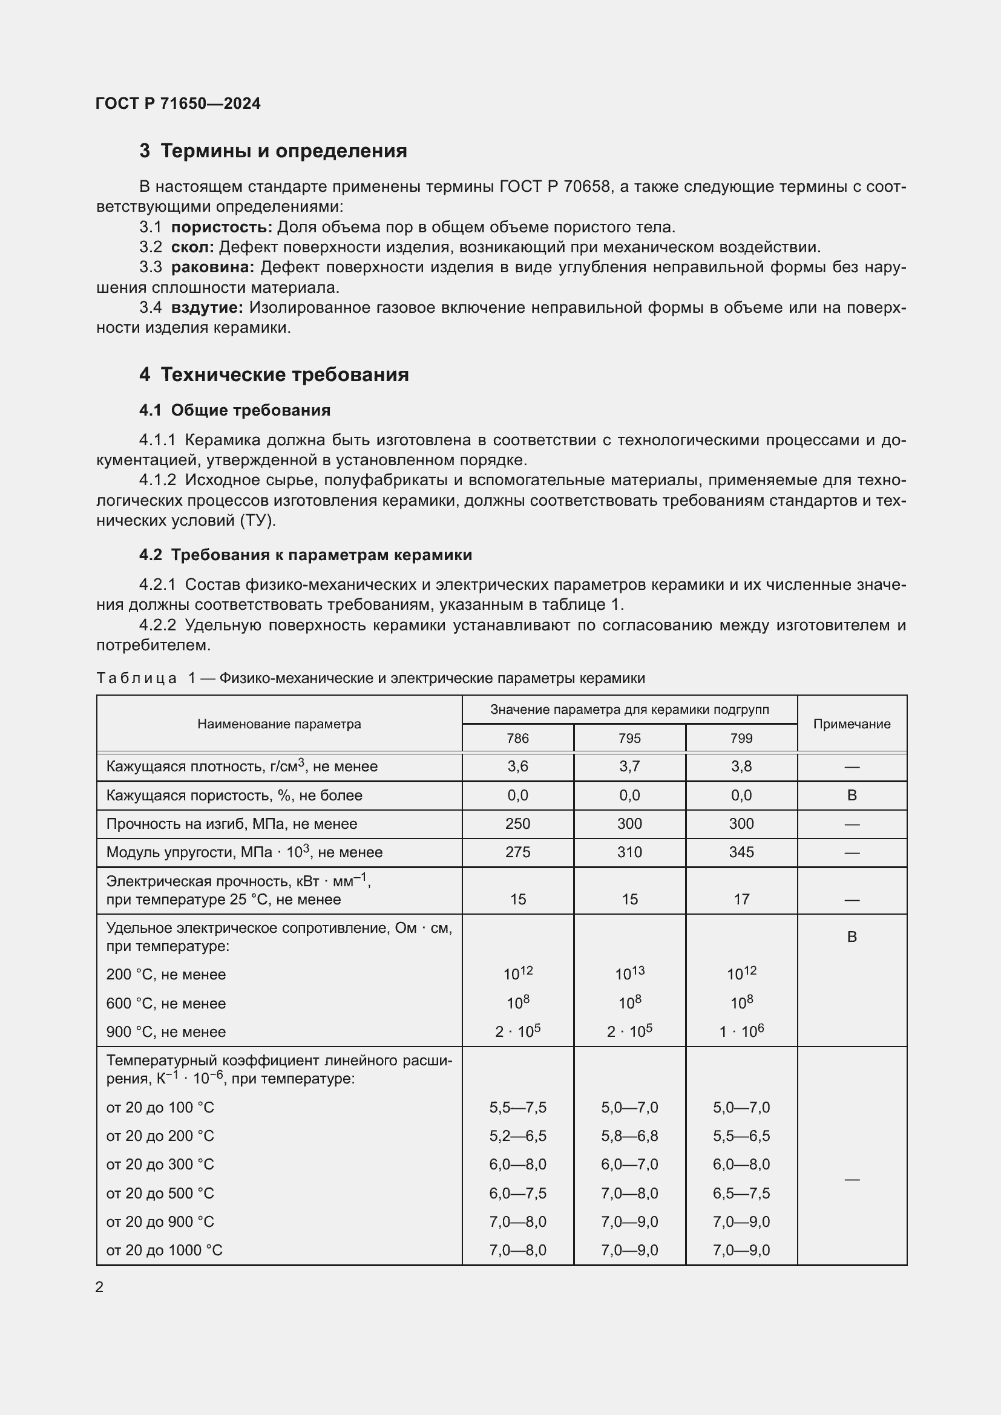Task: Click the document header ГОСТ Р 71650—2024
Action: coord(178,103)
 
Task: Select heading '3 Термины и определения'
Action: coord(273,151)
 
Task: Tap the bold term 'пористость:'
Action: coord(222,227)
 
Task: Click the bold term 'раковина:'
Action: coord(212,267)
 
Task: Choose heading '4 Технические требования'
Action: coord(274,374)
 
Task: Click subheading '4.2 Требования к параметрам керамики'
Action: coord(305,555)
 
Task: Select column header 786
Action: coord(518,738)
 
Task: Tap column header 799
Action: coord(741,738)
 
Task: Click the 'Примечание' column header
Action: coord(852,724)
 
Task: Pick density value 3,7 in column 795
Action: coord(629,766)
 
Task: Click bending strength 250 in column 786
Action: coord(518,824)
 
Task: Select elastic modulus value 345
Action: coord(741,852)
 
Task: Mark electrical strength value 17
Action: coord(741,899)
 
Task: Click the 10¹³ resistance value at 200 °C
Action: coord(629,974)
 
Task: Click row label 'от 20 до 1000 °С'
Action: coord(165,1250)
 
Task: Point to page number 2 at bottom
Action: coord(99,1287)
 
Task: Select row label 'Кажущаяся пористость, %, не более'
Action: coord(234,796)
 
